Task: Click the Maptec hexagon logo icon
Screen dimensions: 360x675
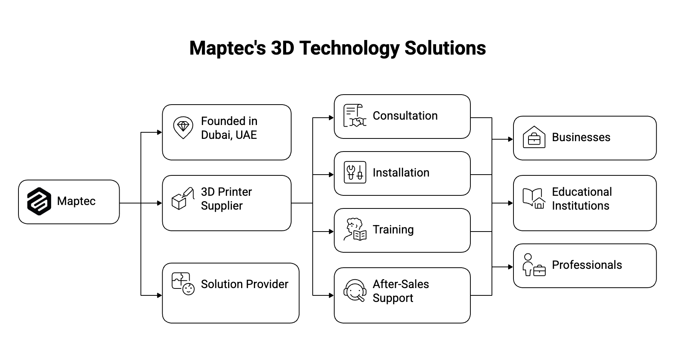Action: pos(39,201)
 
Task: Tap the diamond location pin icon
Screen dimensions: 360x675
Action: pos(183,128)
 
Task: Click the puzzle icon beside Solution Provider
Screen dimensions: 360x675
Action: pos(183,284)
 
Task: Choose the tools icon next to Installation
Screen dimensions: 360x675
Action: pos(355,172)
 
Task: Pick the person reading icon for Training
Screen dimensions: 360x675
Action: pos(355,230)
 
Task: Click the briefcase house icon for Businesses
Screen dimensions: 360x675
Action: pos(534,137)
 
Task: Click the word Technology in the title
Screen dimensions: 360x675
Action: pos(349,48)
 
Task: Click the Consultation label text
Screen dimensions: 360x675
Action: pos(405,116)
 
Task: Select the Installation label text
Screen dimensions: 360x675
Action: pos(401,173)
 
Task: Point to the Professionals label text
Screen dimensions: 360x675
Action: pos(587,265)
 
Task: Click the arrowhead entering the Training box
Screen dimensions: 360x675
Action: pos(331,232)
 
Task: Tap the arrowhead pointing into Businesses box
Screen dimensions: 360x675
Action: pos(510,139)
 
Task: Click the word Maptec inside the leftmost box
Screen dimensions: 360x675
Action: pos(76,201)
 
